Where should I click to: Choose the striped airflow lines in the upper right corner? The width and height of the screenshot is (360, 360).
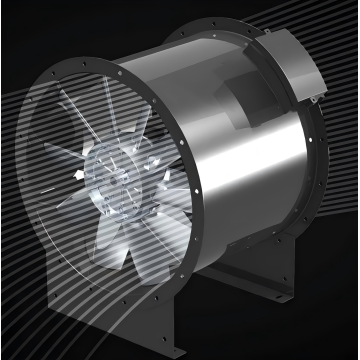coord(320,25)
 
